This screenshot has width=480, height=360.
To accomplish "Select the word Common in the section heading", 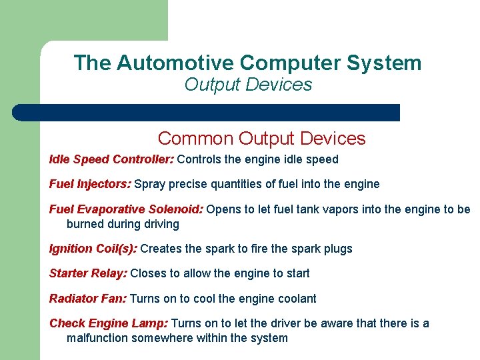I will pyautogui.click(x=195, y=139).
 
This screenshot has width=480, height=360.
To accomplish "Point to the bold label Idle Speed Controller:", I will pyautogui.click(x=111, y=159).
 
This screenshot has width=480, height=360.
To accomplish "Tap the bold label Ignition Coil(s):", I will pyautogui.click(x=93, y=249).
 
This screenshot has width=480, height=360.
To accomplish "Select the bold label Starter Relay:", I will pyautogui.click(x=89, y=273).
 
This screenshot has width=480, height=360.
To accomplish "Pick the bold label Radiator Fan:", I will pyautogui.click(x=89, y=299).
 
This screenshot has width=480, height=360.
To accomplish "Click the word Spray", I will pyautogui.click(x=150, y=184).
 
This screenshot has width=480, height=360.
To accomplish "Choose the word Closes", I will pyautogui.click(x=148, y=273).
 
